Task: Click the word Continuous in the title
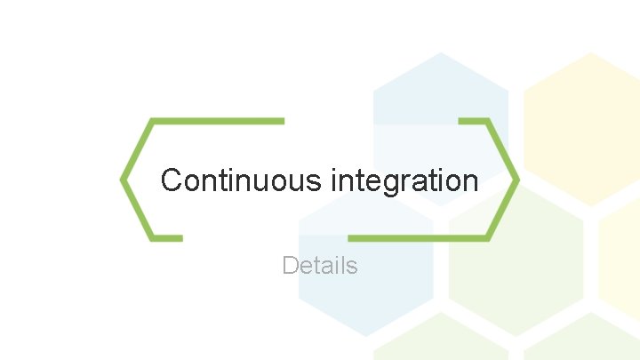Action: [x=241, y=180]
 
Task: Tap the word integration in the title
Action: [x=404, y=180]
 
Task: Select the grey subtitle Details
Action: [x=319, y=265]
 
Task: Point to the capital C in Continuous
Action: [x=172, y=180]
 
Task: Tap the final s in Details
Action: [x=352, y=266]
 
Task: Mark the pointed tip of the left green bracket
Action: [x=123, y=180]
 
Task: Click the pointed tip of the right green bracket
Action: [x=516, y=180]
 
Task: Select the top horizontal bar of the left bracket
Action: [x=218, y=120]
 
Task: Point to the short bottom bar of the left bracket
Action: [x=167, y=238]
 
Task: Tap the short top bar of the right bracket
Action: [x=473, y=120]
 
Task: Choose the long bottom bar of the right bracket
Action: [x=418, y=238]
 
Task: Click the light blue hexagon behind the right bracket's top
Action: [x=440, y=98]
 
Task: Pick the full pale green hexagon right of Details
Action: [x=516, y=267]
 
